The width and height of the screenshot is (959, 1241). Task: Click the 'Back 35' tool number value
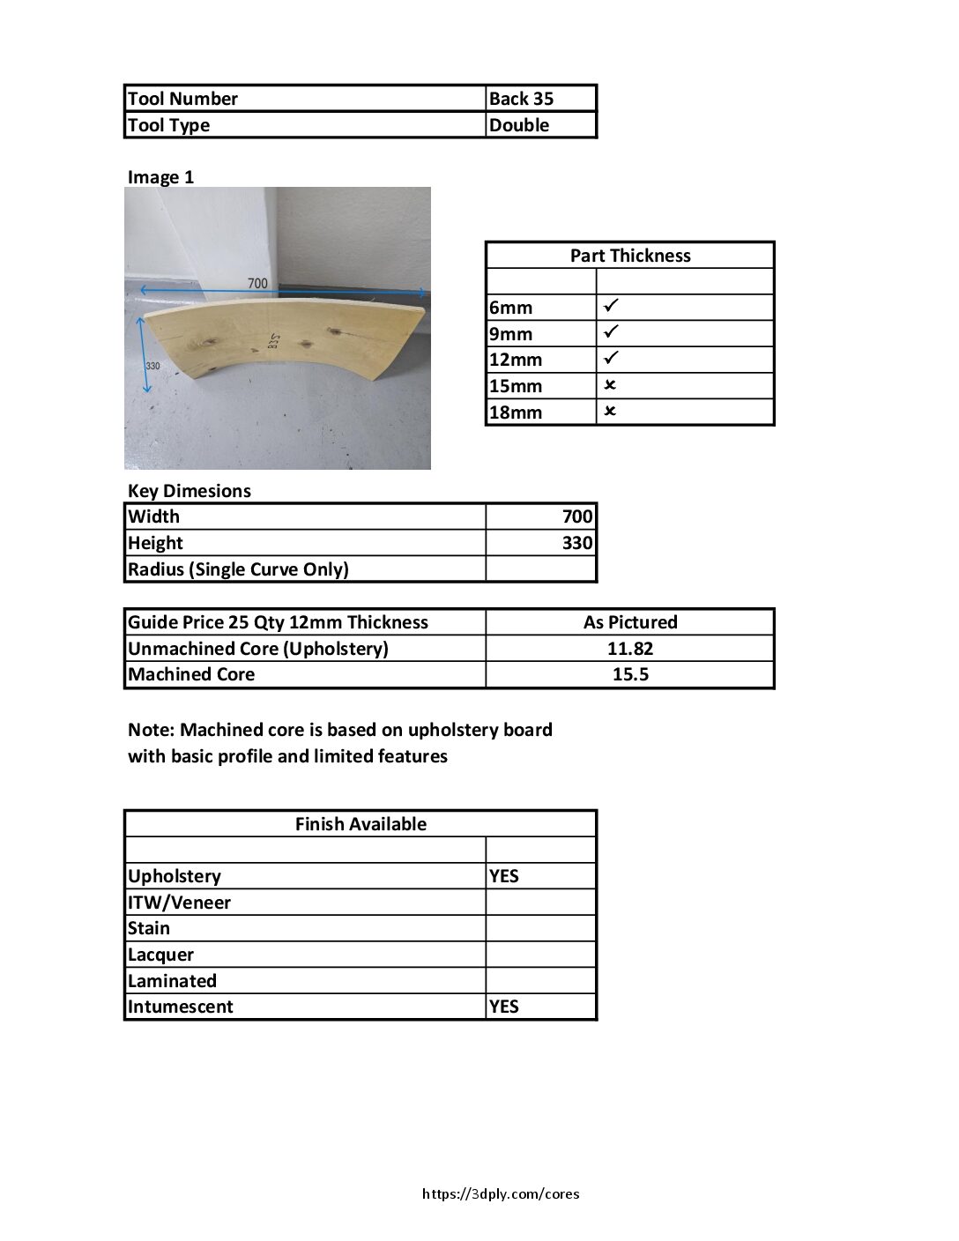[521, 99]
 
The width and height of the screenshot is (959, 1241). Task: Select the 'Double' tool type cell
[519, 125]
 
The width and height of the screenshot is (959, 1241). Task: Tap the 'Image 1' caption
[160, 177]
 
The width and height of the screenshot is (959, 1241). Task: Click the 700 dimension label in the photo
[257, 283]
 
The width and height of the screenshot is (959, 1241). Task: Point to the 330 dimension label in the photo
[152, 365]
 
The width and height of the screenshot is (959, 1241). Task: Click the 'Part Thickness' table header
[630, 256]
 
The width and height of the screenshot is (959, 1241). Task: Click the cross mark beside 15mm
[610, 385]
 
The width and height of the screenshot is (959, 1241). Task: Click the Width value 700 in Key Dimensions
[577, 516]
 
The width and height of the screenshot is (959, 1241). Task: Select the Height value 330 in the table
[577, 543]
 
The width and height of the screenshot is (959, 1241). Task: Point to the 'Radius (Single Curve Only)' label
[238, 569]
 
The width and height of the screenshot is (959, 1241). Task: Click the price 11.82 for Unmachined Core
[630, 649]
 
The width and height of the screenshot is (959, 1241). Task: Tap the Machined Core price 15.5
[630, 674]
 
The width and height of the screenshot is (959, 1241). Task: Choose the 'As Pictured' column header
[630, 622]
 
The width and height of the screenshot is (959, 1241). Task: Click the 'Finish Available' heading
[361, 824]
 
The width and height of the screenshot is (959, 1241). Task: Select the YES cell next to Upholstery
[504, 876]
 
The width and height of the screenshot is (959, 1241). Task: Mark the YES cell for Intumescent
[504, 1007]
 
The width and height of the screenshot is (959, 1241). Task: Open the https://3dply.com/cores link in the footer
[501, 1194]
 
